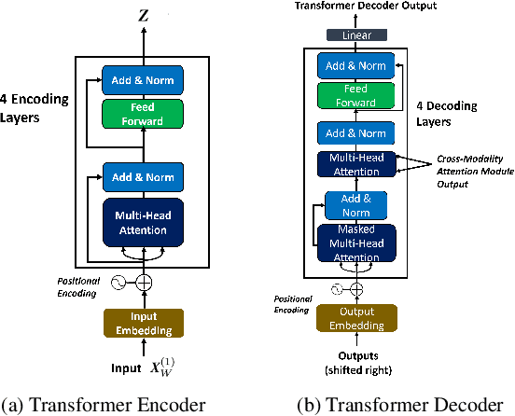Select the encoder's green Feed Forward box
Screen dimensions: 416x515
click(144, 114)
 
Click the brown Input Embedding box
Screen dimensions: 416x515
click(144, 322)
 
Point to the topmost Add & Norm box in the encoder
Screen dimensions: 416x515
click(144, 79)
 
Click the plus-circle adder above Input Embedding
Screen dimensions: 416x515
click(144, 282)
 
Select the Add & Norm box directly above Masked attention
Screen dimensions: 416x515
click(349, 204)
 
